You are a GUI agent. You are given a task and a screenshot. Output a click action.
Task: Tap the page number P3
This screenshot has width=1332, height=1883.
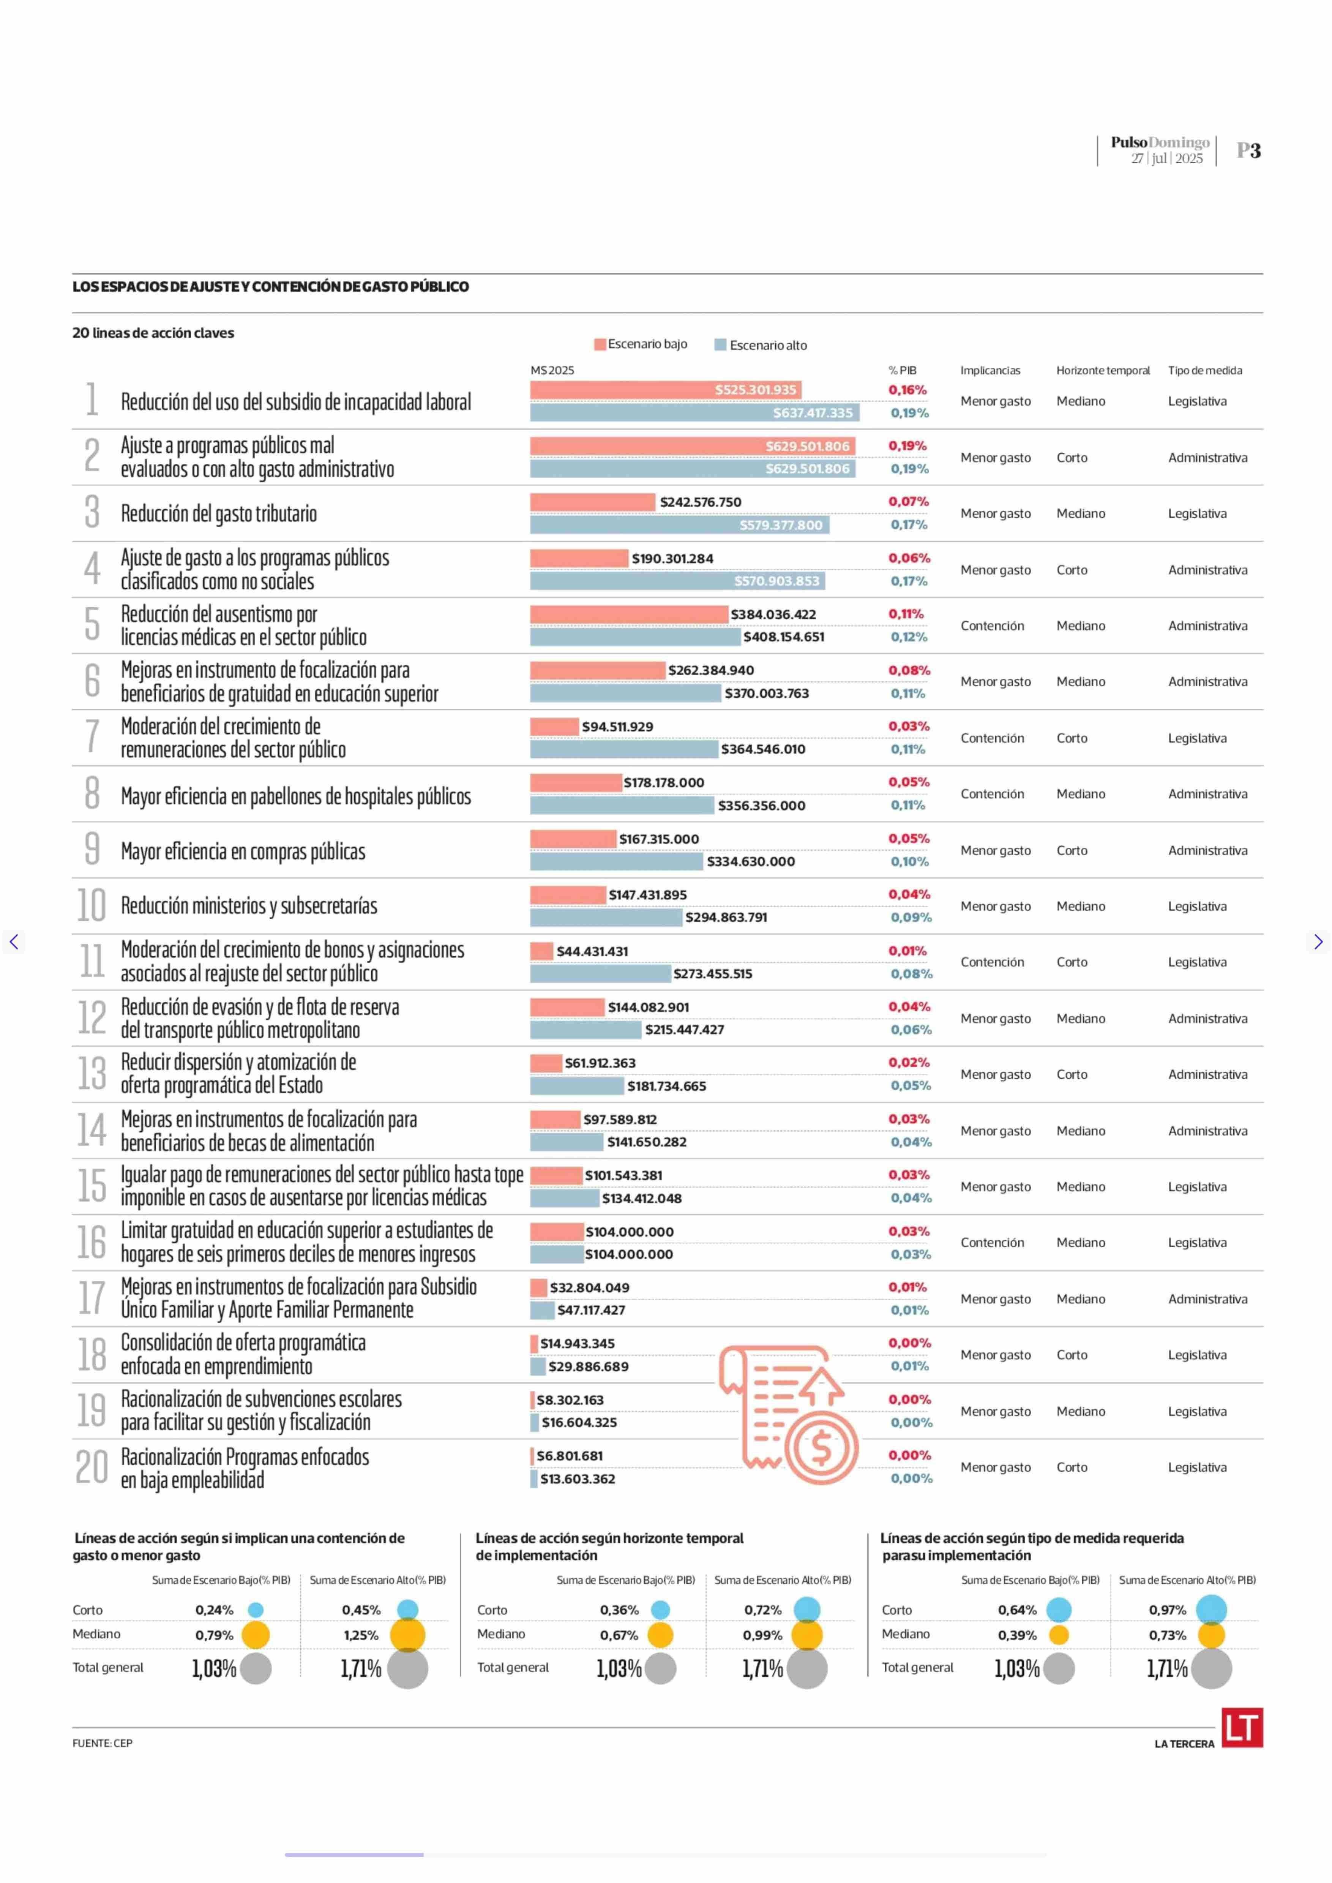point(1248,150)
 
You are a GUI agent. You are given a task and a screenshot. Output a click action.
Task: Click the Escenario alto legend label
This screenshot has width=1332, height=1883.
point(768,346)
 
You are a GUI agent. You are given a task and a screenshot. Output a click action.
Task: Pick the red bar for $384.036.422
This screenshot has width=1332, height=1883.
point(628,614)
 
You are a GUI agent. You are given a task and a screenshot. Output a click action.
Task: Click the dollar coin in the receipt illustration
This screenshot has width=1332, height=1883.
point(821,1448)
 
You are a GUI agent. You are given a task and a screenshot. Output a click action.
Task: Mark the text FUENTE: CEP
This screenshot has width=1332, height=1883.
point(102,1743)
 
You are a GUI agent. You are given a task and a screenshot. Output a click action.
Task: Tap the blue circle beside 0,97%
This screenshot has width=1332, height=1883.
point(1211,1610)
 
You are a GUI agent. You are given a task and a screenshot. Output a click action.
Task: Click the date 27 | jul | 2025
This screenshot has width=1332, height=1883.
point(1166,158)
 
